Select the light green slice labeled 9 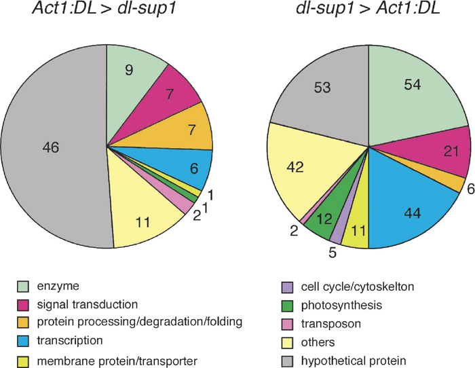click(x=130, y=79)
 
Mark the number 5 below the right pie click(x=332, y=253)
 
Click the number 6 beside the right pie click(x=470, y=189)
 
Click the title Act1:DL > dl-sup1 click(x=104, y=9)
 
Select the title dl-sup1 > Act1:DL click(x=368, y=9)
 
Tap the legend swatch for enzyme click(x=22, y=287)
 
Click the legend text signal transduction click(x=88, y=304)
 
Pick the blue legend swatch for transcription click(x=22, y=341)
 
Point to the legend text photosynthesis click(x=341, y=306)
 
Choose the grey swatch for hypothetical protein click(x=287, y=361)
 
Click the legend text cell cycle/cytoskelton click(x=358, y=287)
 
